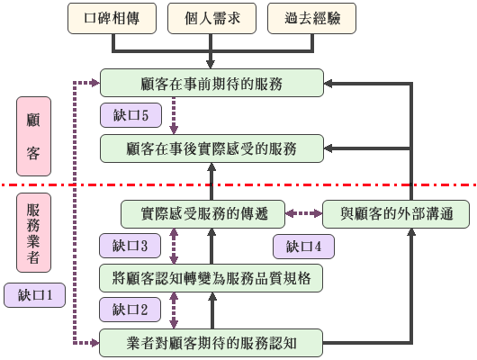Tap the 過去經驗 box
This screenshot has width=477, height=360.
[x=311, y=17]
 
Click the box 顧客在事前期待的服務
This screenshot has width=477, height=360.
[x=212, y=84]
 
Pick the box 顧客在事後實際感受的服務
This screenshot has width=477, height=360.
[x=212, y=148]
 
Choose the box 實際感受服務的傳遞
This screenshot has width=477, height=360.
[x=202, y=213]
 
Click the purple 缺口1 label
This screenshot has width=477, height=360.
[x=34, y=294]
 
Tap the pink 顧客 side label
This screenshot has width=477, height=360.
[x=33, y=134]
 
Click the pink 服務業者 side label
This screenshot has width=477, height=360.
[x=33, y=231]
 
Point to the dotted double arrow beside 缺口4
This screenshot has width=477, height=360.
[x=303, y=213]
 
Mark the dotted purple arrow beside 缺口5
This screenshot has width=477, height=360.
[x=174, y=115]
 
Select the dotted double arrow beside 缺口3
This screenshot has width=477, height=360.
[x=174, y=245]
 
